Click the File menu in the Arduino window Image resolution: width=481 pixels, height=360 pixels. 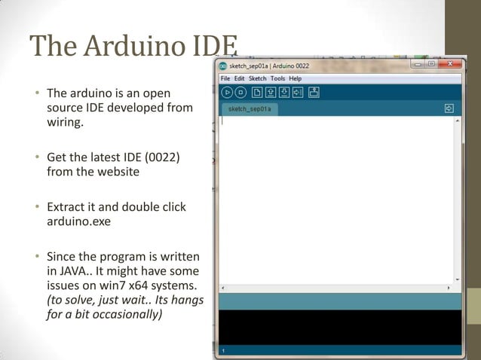coord(225,78)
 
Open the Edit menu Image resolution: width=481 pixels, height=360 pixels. coord(239,78)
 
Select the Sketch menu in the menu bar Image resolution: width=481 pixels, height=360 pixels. coord(257,78)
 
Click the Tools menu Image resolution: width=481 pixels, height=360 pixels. coord(277,78)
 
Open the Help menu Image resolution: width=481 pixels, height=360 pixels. coord(295,78)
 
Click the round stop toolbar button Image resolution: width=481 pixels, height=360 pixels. coord(240,93)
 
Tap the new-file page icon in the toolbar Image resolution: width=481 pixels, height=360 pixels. coord(256,93)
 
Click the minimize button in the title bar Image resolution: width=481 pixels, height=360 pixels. coord(415,65)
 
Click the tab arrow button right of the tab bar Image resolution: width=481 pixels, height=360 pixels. coord(449,108)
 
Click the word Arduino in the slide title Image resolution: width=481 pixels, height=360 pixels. coord(132,47)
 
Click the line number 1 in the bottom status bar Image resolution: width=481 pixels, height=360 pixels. coord(224,351)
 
